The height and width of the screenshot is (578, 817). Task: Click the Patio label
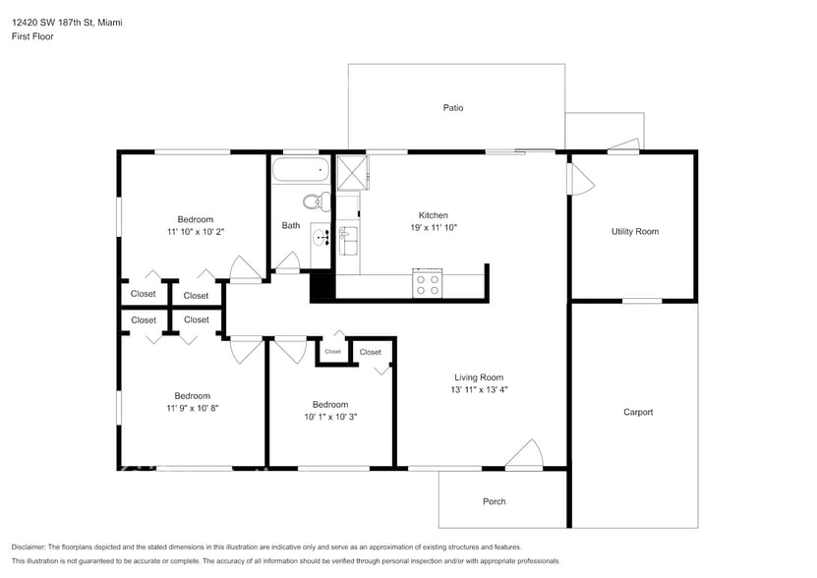click(x=452, y=108)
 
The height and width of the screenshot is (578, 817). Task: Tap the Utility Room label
click(x=634, y=232)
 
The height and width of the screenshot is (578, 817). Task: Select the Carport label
click(x=638, y=413)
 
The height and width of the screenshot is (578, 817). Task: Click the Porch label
click(x=495, y=502)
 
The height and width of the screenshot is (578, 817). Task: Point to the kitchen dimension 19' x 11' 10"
click(x=434, y=228)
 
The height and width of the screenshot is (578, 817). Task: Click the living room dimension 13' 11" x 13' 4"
click(x=479, y=390)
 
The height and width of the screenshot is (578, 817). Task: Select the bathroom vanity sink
click(x=321, y=237)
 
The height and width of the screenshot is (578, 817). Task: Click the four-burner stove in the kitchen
click(x=428, y=284)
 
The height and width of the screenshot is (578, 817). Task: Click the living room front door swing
click(x=526, y=455)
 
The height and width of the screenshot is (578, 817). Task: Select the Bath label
click(x=291, y=226)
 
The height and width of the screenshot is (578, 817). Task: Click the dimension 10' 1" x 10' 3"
click(x=330, y=417)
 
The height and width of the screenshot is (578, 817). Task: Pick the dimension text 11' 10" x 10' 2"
click(x=195, y=232)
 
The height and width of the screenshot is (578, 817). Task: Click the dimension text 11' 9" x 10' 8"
click(x=193, y=408)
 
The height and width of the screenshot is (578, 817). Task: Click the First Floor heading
click(x=33, y=36)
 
